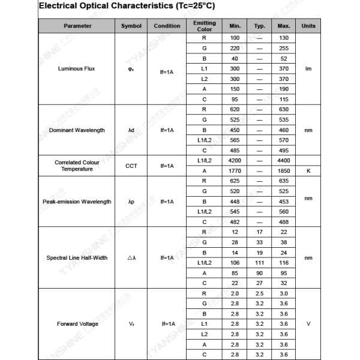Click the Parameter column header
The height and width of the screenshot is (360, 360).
pos(77,26)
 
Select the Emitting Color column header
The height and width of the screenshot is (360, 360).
pos(204,26)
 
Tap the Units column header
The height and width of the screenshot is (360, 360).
pos(308,26)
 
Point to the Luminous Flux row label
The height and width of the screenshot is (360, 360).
pos(76,68)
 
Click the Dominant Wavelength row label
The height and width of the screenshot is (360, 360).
pos(77,130)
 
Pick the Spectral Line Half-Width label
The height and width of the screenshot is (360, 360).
pos(77,258)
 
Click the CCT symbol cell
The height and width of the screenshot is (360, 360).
pos(131,166)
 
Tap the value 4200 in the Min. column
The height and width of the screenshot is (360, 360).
pos(235,161)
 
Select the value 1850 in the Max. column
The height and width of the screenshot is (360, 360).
pos(284,171)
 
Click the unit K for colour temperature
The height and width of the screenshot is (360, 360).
pos(308,171)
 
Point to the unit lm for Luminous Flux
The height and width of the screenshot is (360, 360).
pos(308,68)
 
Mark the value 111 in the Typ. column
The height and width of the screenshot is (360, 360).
pos(259,263)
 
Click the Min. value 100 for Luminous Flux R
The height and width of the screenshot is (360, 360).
pos(235,38)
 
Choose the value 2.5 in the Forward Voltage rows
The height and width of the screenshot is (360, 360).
pos(259,293)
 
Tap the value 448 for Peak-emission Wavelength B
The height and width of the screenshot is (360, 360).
pos(235,202)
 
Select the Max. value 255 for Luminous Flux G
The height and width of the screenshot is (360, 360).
pos(284,48)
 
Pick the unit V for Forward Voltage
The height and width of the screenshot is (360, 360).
pos(308,324)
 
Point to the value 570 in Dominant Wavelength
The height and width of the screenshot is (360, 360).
pos(284,140)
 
